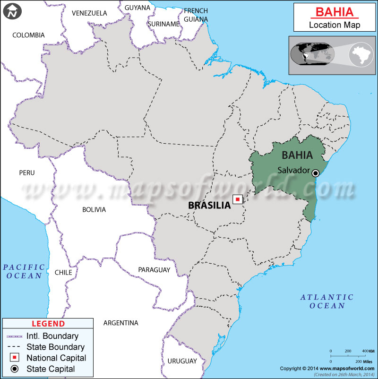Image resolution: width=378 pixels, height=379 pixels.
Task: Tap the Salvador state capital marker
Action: click(316, 173)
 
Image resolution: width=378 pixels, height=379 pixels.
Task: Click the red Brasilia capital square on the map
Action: click(238, 200)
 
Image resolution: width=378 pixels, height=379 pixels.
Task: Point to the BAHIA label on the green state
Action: click(297, 155)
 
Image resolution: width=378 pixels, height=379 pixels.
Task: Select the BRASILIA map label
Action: click(209, 206)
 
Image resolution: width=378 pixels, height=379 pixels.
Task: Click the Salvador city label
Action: click(293, 170)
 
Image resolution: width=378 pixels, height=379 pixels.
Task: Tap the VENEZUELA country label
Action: click(89, 13)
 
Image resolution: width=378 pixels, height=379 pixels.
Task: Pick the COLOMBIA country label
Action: click(28, 35)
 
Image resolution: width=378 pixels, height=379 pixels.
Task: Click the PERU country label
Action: click(27, 173)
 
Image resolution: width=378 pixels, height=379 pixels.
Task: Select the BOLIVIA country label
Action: click(94, 209)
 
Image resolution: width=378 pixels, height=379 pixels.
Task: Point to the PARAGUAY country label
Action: click(154, 270)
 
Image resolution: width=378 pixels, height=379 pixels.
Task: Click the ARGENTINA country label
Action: click(120, 323)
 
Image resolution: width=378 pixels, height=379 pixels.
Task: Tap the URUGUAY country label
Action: click(182, 361)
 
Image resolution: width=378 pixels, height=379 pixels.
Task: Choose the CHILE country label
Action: click(63, 273)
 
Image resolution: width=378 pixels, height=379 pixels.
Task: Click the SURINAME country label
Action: click(163, 24)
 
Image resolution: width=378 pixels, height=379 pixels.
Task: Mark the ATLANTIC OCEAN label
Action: click(327, 301)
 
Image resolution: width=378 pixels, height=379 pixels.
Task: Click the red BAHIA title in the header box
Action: click(333, 11)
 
